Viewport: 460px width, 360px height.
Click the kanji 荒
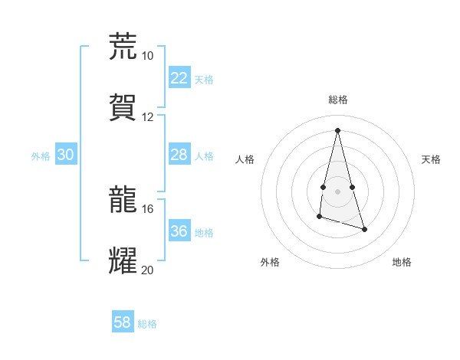pos(123,46)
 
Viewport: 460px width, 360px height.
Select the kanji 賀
pos(123,106)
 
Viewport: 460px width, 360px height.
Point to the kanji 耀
pos(123,260)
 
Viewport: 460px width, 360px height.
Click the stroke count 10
pos(147,56)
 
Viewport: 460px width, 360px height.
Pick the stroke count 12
pos(147,117)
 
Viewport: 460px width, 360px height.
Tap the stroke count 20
pos(147,270)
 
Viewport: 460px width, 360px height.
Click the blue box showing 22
pos(179,78)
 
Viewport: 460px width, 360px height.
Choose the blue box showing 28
pos(179,155)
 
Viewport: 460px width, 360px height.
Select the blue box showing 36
pos(179,231)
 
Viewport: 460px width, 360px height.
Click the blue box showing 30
pos(65,155)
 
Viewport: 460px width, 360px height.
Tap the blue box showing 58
pos(122,322)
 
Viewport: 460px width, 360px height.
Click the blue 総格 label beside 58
pos(147,324)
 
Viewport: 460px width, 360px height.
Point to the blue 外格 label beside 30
pos(41,156)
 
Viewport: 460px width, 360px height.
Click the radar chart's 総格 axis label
pos(338,100)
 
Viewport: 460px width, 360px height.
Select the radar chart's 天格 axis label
pos(431,159)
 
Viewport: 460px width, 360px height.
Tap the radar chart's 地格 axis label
pos(402,262)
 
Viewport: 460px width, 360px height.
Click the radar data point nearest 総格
pos(337,130)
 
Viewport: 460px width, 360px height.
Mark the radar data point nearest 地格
pos(364,229)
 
